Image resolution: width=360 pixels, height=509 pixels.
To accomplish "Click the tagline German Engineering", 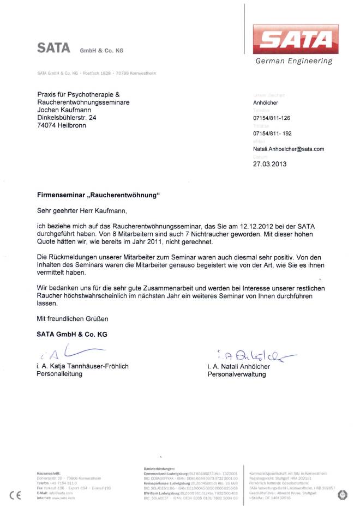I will click(293, 61).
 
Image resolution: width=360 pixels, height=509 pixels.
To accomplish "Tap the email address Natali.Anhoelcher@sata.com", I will click(289, 149).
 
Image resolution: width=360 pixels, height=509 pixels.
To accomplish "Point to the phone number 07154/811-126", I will click(272, 118).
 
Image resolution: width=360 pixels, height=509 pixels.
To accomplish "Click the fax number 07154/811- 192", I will click(272, 134).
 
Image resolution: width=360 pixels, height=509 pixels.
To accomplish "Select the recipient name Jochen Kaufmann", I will click(64, 110).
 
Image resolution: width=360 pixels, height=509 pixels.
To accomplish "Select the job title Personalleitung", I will click(59, 374).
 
